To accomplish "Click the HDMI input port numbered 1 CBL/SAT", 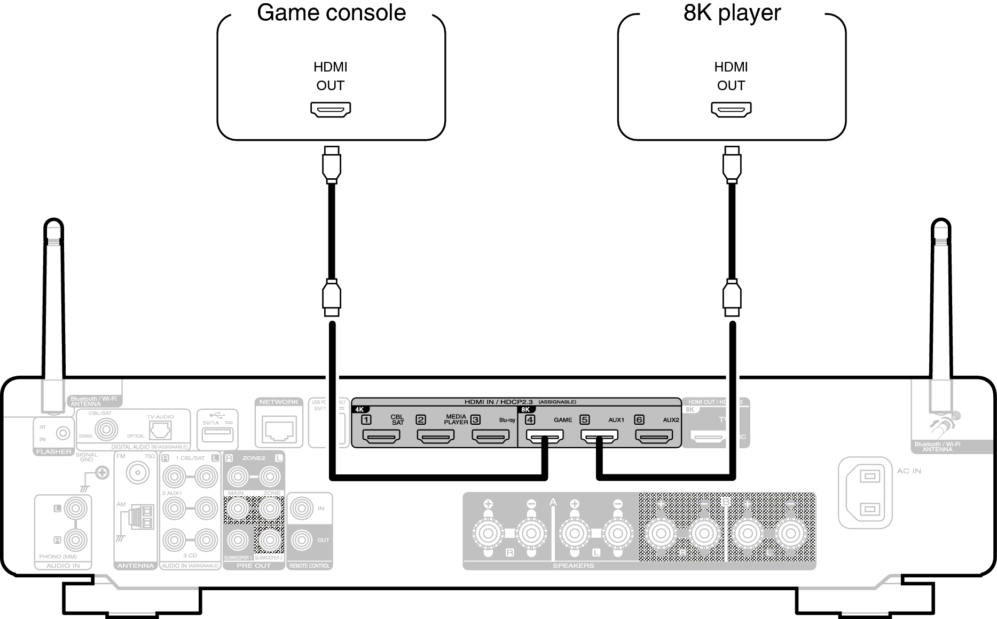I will click(x=381, y=437).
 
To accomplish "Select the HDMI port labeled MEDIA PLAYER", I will click(x=436, y=437).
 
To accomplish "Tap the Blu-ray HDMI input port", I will click(x=490, y=437).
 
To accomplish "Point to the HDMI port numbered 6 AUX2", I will click(x=654, y=437).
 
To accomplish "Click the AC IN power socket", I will click(x=865, y=492).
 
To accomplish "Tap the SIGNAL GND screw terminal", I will click(x=101, y=472).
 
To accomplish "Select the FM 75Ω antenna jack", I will click(x=136, y=472).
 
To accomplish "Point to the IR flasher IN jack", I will click(x=63, y=433).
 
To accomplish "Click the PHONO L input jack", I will click(x=75, y=509).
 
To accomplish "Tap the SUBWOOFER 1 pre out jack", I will click(x=238, y=541).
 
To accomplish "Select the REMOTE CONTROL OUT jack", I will click(x=301, y=540).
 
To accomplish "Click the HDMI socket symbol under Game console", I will click(x=331, y=109).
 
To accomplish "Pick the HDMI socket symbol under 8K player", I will click(x=731, y=109).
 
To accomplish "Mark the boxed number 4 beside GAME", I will click(x=530, y=419).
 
